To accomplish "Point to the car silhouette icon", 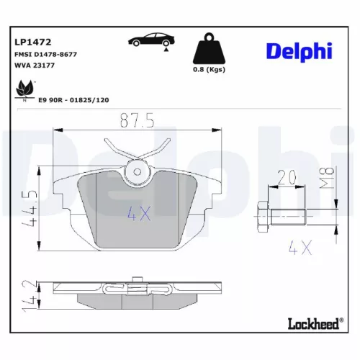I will [150, 40].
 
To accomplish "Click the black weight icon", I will [209, 51].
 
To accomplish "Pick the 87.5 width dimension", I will [136, 121].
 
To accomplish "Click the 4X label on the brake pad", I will [138, 213].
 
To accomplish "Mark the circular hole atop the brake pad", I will [137, 171].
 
